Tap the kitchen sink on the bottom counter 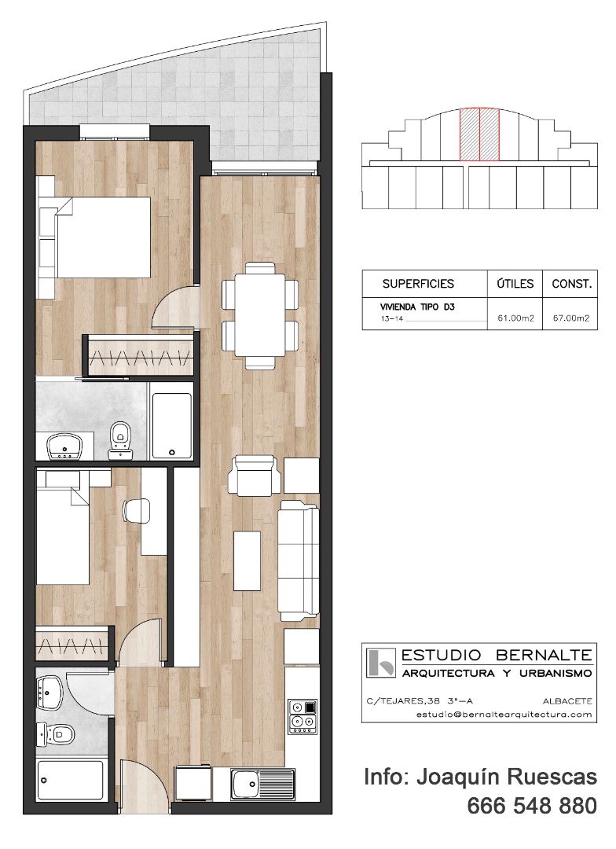262,784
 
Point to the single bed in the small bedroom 63,535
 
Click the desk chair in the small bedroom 137,511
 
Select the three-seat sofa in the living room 299,560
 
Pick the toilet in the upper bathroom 120,437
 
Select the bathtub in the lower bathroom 71,780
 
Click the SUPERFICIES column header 418,284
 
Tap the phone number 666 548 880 532,806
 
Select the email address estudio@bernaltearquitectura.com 504,714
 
